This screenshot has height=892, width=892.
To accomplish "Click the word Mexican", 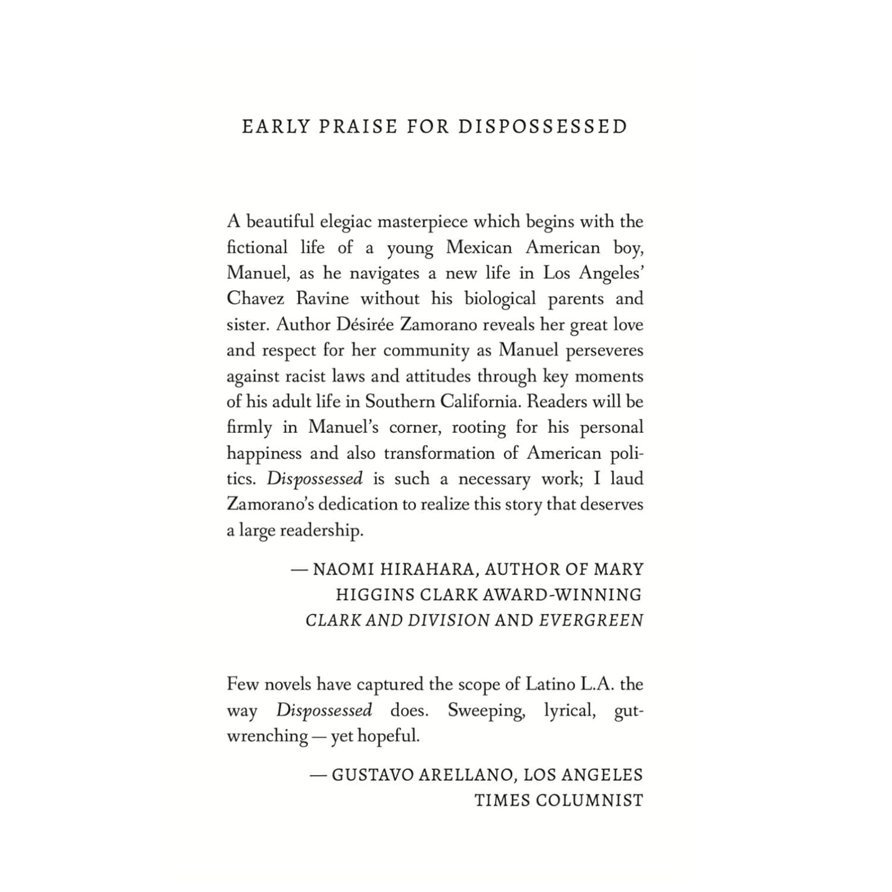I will point(478,247).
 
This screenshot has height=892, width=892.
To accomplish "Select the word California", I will point(480,401).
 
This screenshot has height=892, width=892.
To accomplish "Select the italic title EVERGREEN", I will point(591,620).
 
